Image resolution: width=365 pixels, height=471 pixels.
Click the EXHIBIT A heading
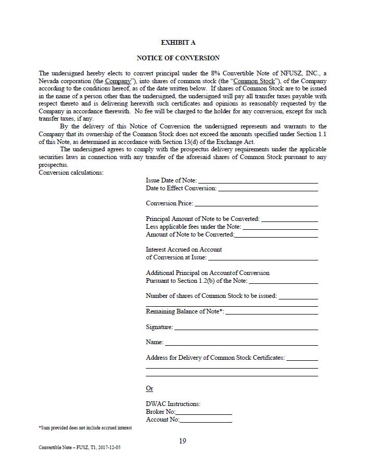tap(178, 43)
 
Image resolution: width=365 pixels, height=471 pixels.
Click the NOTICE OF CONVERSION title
tap(178, 58)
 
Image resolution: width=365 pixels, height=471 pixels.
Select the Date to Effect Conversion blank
tap(268, 189)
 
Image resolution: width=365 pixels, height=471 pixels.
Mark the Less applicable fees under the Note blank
tap(280, 228)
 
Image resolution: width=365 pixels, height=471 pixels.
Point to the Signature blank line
tap(246, 328)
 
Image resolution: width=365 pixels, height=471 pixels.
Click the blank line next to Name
tap(241, 343)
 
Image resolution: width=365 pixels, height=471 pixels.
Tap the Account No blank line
tap(206, 421)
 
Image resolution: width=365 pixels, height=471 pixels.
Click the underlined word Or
tap(149, 389)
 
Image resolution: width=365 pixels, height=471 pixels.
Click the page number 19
tap(182, 441)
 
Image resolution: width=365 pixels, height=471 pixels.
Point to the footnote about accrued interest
tap(85, 428)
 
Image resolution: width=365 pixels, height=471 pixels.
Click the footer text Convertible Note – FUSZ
tap(82, 448)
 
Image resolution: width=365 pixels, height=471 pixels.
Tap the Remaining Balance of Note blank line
tap(271, 313)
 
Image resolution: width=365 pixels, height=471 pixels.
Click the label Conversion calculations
tap(71, 173)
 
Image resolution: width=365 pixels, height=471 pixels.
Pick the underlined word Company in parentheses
tap(118, 82)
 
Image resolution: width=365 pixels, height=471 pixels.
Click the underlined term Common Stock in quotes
tap(254, 82)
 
